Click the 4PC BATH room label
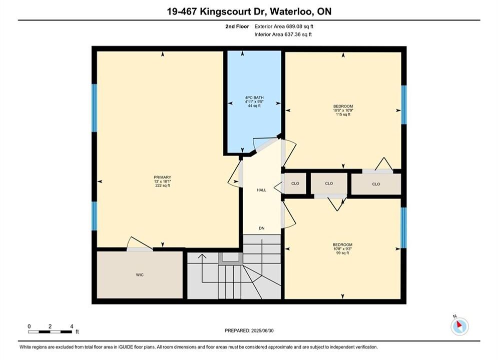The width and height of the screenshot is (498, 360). pyautogui.click(x=254, y=97)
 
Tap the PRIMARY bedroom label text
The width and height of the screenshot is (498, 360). pyautogui.click(x=162, y=177)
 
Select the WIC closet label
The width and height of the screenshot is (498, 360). pyautogui.click(x=140, y=274)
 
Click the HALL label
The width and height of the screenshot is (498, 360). pyautogui.click(x=261, y=190)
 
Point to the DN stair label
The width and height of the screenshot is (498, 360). pyautogui.click(x=262, y=228)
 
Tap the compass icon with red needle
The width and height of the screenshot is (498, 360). pyautogui.click(x=459, y=325)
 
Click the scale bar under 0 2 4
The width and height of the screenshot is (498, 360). pyautogui.click(x=50, y=332)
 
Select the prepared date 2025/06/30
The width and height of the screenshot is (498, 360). pyautogui.click(x=262, y=330)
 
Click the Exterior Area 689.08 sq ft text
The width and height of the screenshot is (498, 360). pyautogui.click(x=284, y=26)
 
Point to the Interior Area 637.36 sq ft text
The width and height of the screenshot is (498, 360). pyautogui.click(x=283, y=34)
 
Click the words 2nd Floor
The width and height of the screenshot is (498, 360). pyautogui.click(x=237, y=26)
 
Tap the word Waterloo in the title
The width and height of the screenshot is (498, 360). pyautogui.click(x=292, y=11)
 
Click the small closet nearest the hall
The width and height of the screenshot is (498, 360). pyautogui.click(x=295, y=183)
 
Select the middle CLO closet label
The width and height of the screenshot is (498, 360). pyautogui.click(x=329, y=183)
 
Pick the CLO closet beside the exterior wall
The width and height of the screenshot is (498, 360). pyautogui.click(x=376, y=184)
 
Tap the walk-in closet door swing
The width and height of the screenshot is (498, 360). pyautogui.click(x=139, y=243)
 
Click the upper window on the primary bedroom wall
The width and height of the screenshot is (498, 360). pyautogui.click(x=94, y=108)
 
